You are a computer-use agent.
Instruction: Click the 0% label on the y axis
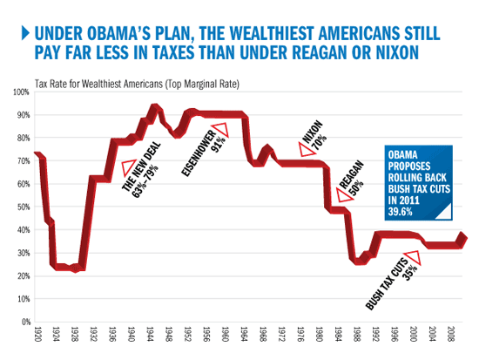(24, 322)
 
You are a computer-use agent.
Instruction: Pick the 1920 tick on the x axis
(37, 335)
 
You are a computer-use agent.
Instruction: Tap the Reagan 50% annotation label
(353, 178)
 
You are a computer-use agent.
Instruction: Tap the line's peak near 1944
(153, 107)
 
